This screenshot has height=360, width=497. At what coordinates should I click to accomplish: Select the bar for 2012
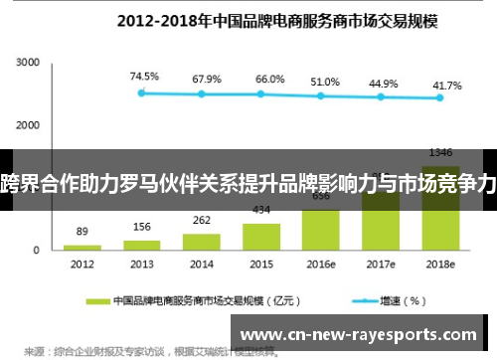[x=82, y=246]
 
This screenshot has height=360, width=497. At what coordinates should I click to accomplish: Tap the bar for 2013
[x=142, y=244]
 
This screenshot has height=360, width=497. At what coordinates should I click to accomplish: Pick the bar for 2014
[x=202, y=241]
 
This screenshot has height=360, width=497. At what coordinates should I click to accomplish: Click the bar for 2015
[x=261, y=236]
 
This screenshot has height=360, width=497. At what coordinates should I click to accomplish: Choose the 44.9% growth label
[x=383, y=84]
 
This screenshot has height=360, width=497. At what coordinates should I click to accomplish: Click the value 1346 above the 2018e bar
[x=440, y=152]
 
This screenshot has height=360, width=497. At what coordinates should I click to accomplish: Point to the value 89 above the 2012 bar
[x=82, y=231]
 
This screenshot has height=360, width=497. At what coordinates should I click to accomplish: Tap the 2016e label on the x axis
[x=321, y=265]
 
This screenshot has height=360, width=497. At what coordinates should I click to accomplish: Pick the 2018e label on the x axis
[x=440, y=265]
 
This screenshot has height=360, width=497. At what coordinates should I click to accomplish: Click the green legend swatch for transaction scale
[x=97, y=298]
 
